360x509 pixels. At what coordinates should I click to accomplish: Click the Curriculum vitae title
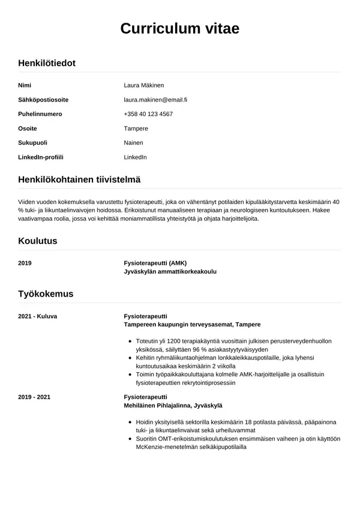(180, 28)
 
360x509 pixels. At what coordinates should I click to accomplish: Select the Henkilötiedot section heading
(47, 63)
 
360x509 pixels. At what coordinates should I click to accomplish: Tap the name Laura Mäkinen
(143, 85)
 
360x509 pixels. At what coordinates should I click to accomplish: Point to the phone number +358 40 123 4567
(148, 114)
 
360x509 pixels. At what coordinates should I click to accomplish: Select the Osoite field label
(28, 128)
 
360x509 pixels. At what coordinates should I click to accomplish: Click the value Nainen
(133, 143)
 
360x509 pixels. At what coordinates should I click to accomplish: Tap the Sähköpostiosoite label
(43, 100)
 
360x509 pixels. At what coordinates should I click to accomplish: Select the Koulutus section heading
(38, 241)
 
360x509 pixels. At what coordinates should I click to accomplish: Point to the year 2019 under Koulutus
(25, 263)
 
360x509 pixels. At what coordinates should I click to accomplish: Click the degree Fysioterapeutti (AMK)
(155, 263)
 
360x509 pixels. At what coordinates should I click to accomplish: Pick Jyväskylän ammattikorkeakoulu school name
(170, 271)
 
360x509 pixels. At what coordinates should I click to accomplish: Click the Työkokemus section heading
(46, 294)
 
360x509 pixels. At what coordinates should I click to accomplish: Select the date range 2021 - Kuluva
(38, 316)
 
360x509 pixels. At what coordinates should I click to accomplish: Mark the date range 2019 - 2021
(35, 397)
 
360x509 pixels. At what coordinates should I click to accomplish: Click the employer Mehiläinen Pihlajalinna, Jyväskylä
(173, 406)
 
